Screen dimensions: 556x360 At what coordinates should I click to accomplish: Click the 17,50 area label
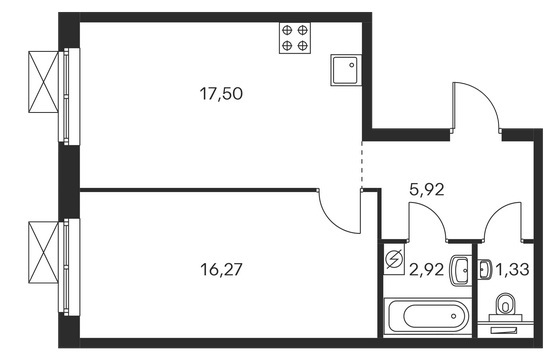tap(221, 94)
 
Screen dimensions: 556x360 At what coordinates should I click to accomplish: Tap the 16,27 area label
tap(221, 270)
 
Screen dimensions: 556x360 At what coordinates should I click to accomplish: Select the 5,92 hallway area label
tap(427, 190)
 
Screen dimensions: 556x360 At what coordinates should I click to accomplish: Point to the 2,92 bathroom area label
tap(426, 270)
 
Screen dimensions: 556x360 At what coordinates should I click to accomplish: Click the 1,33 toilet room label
tap(512, 270)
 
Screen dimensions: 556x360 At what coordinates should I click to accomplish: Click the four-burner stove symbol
tap(295, 38)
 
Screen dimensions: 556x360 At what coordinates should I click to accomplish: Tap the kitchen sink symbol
tap(346, 70)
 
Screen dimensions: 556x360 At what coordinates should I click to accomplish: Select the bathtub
tap(428, 316)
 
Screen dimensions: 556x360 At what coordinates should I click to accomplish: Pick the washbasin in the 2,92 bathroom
tap(460, 271)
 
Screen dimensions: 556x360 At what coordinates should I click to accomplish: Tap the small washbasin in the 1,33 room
tap(484, 270)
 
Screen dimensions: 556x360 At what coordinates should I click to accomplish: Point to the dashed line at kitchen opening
tap(362, 164)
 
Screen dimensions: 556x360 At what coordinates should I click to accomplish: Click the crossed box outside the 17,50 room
tap(43, 82)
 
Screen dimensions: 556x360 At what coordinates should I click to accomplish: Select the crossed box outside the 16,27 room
tap(43, 252)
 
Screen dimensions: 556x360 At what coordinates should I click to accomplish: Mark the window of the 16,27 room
tap(69, 267)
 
